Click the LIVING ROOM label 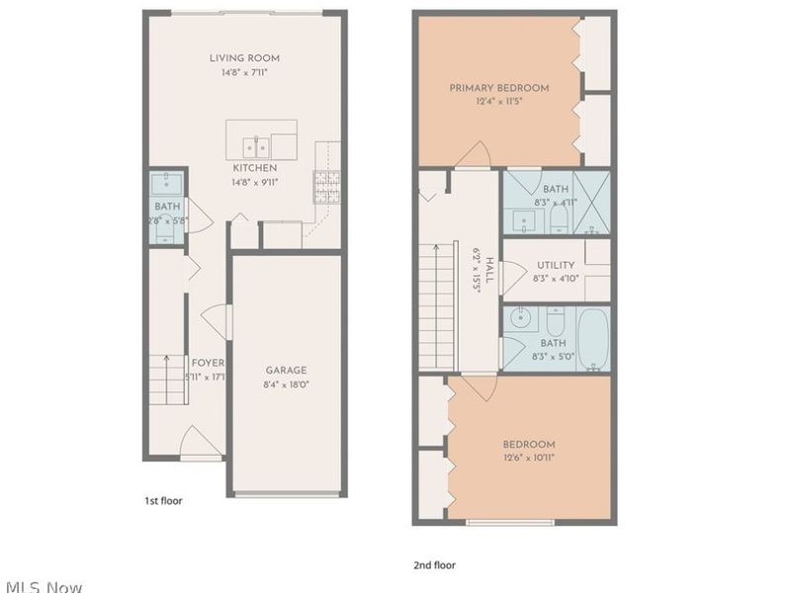point(246,57)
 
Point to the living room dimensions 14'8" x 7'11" point(246,73)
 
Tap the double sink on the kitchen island point(255,147)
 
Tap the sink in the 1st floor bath point(166,183)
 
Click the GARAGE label point(285,370)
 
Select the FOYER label point(207,363)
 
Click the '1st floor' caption point(163,501)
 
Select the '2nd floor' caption point(434,565)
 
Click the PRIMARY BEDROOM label point(498,88)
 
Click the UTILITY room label point(556,266)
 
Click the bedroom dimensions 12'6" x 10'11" point(529,459)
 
